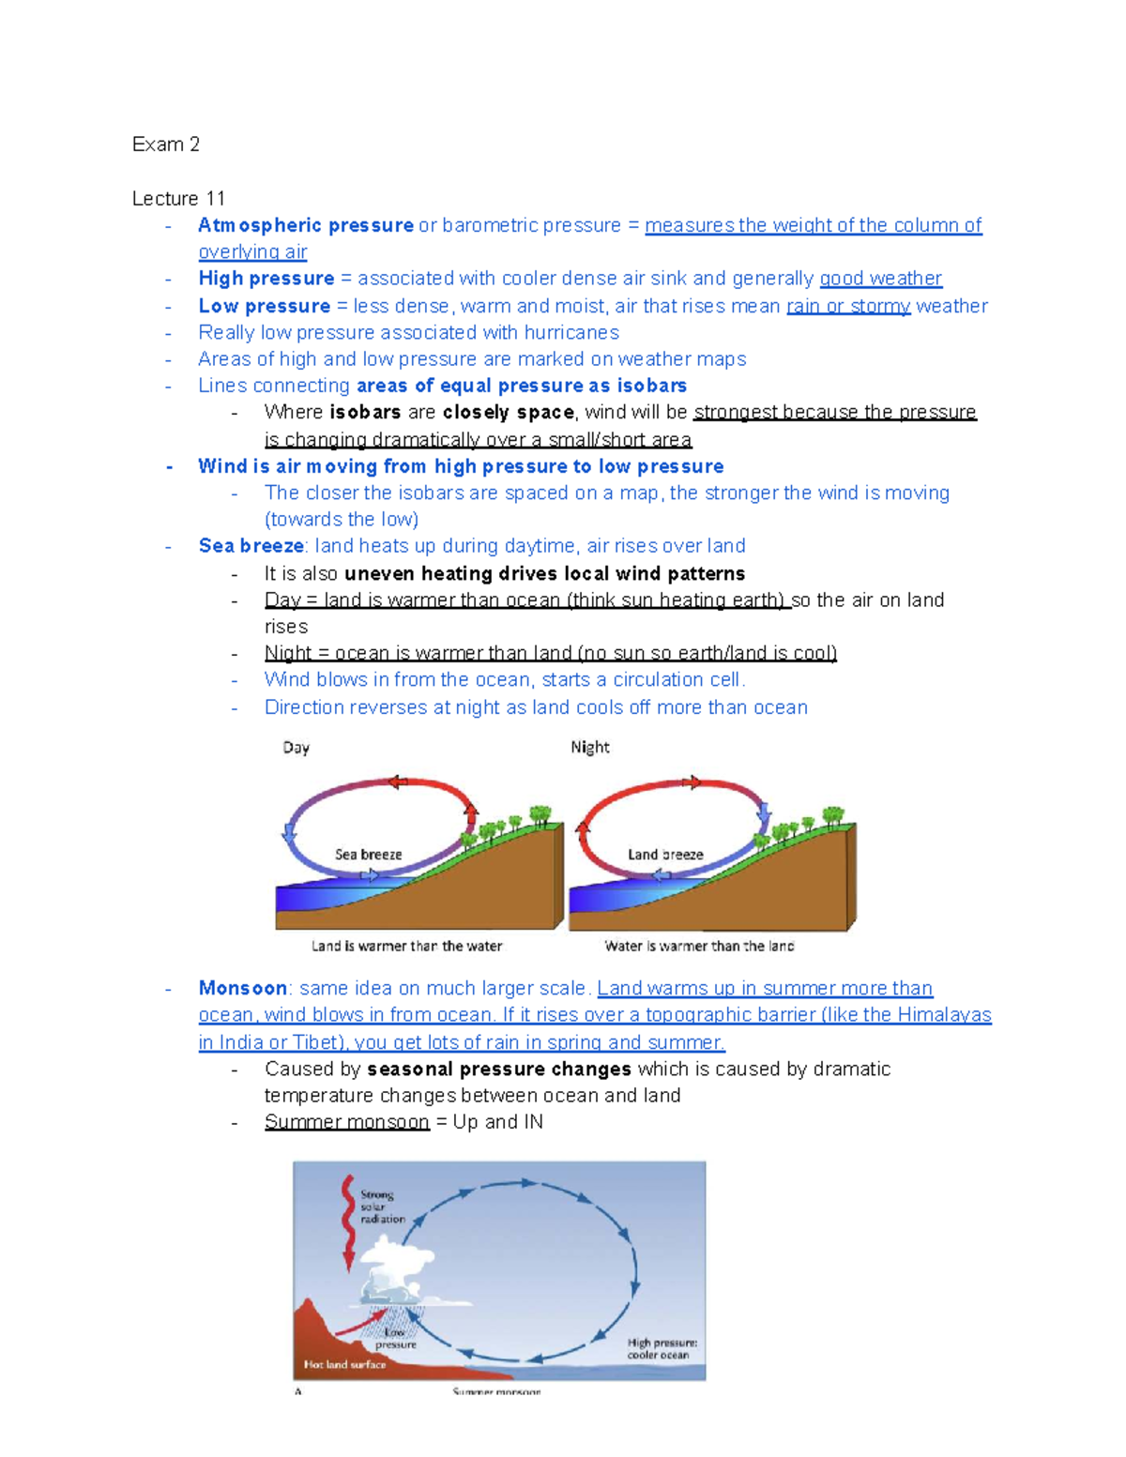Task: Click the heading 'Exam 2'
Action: (x=165, y=144)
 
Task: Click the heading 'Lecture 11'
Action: (x=178, y=199)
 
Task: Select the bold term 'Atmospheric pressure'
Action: (x=306, y=226)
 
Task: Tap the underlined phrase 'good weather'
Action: (x=880, y=279)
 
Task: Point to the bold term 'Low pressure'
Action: (x=264, y=307)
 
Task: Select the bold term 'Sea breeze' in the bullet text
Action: (x=251, y=546)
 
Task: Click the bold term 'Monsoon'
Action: (x=242, y=989)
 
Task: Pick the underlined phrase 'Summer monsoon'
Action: (x=346, y=1122)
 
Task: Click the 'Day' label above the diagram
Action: (x=296, y=748)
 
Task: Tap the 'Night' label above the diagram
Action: (x=590, y=748)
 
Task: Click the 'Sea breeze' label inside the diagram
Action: (x=368, y=855)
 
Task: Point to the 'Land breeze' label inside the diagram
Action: (x=665, y=855)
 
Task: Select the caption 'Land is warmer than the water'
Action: (x=406, y=947)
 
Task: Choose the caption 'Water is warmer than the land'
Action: (x=699, y=947)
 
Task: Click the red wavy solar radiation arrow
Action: (x=348, y=1220)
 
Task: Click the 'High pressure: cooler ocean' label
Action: (x=662, y=1349)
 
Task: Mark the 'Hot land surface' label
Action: (x=344, y=1365)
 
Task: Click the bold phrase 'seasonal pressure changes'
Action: (x=499, y=1070)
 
